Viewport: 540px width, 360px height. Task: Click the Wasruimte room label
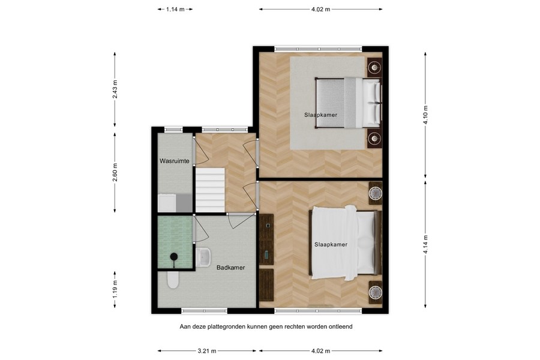(175, 161)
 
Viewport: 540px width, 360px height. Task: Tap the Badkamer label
(230, 268)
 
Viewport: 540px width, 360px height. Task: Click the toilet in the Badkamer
(173, 280)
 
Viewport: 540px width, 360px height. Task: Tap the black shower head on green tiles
(173, 257)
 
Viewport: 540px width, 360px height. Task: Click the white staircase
(209, 190)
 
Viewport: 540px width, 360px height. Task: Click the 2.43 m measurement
(115, 90)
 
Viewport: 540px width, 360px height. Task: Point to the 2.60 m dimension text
(115, 172)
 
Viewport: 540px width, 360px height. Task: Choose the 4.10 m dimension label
(425, 112)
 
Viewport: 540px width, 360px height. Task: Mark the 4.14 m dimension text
(425, 245)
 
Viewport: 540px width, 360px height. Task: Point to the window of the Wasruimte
(173, 129)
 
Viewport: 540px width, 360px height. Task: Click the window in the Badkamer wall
(204, 311)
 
